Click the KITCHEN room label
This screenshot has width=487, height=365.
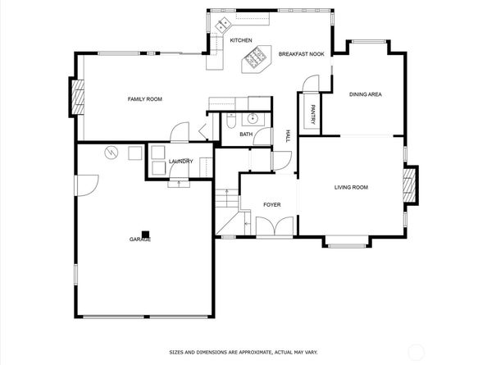[x=241, y=40]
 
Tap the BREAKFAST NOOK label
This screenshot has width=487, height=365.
[x=301, y=54]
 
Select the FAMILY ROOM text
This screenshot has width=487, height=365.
[x=145, y=99]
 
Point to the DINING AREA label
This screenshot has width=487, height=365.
[x=366, y=94]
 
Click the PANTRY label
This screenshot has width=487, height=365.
[x=312, y=114]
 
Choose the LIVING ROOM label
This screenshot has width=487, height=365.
[x=351, y=187]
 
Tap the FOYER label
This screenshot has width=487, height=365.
[x=272, y=205]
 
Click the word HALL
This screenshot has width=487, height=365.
[x=288, y=136]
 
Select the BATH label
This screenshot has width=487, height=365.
[x=246, y=135]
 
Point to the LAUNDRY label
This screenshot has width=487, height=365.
[x=180, y=162]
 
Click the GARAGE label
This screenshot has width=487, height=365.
[x=140, y=240]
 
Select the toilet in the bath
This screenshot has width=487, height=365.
[x=231, y=121]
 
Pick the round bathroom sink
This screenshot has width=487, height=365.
[x=253, y=118]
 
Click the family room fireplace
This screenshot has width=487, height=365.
[x=78, y=97]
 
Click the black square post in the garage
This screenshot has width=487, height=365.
[x=145, y=235]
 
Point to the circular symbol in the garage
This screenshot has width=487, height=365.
[x=112, y=153]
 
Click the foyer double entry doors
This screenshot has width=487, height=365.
[x=275, y=226]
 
